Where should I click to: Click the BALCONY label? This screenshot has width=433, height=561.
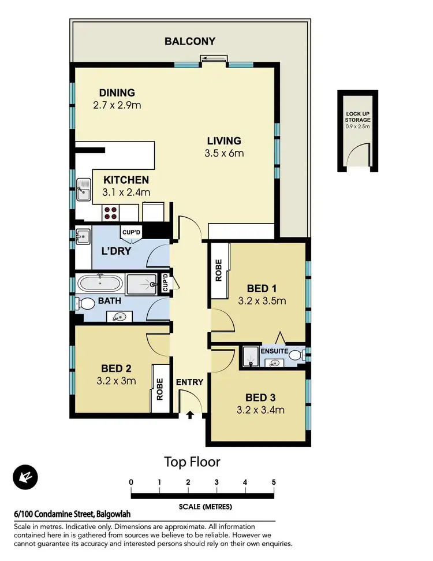coord(190,41)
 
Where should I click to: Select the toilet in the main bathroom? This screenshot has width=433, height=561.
coord(87,304)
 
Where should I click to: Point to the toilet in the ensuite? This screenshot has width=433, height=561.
coord(297,355)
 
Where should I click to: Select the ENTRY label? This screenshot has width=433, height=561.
coord(189,382)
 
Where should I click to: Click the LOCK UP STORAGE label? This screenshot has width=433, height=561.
coord(358,117)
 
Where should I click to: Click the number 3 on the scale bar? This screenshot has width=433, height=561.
coord(216,482)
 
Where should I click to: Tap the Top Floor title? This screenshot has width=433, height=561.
coord(192,462)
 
